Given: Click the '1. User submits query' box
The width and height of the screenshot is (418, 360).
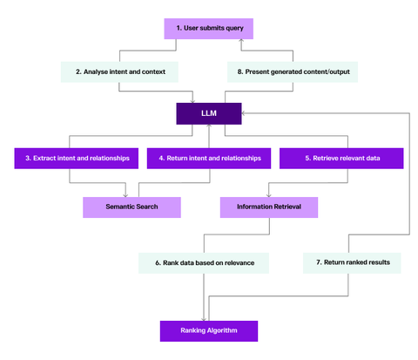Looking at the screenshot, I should tap(209, 29).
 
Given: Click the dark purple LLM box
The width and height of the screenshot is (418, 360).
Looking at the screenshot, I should tap(209, 113).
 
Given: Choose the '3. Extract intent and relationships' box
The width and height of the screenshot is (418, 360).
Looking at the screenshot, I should tap(78, 158).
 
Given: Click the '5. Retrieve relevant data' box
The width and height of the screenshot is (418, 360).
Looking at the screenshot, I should tap(341, 158).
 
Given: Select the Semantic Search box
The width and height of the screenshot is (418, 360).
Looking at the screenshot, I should tap(131, 207).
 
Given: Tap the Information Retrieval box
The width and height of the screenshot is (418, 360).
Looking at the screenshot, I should tap(268, 207).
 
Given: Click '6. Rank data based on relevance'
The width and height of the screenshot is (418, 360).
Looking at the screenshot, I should tap(204, 262).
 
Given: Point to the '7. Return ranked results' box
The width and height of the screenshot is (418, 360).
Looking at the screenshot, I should tap(353, 262).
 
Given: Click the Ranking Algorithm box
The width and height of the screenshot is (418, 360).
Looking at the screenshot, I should tap(209, 330).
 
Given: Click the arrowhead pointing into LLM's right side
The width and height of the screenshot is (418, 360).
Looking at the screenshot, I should tap(245, 113).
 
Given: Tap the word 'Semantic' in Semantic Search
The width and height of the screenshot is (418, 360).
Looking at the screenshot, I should tap(118, 207).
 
